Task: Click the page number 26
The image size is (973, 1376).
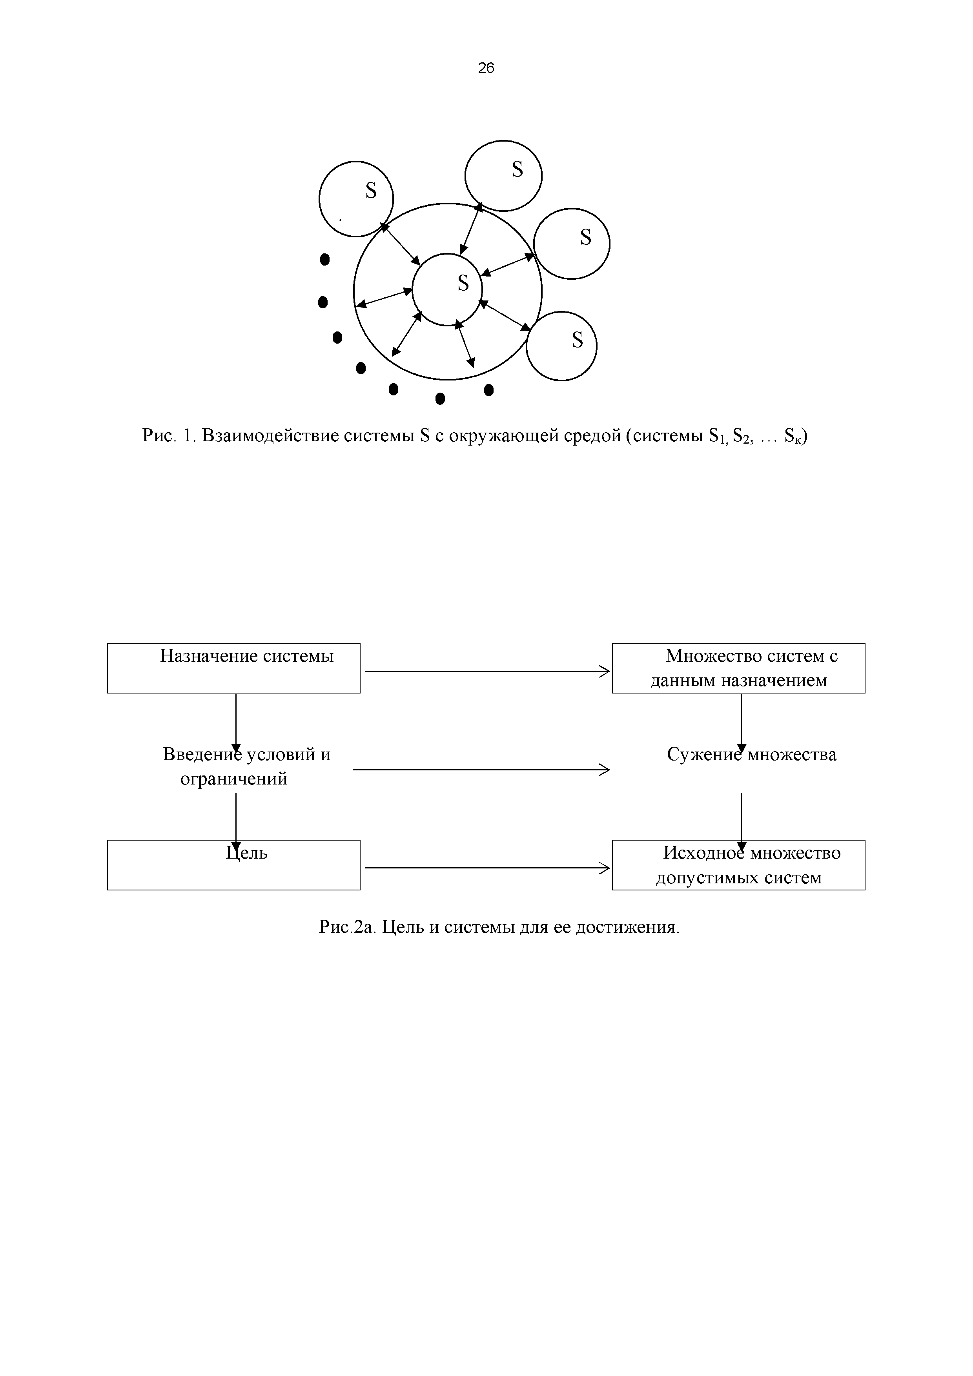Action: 486,68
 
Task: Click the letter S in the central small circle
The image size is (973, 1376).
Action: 463,283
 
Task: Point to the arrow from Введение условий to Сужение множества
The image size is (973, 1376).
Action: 480,770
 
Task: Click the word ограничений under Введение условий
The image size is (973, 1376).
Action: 234,779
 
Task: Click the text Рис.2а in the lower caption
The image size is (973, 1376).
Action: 346,928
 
